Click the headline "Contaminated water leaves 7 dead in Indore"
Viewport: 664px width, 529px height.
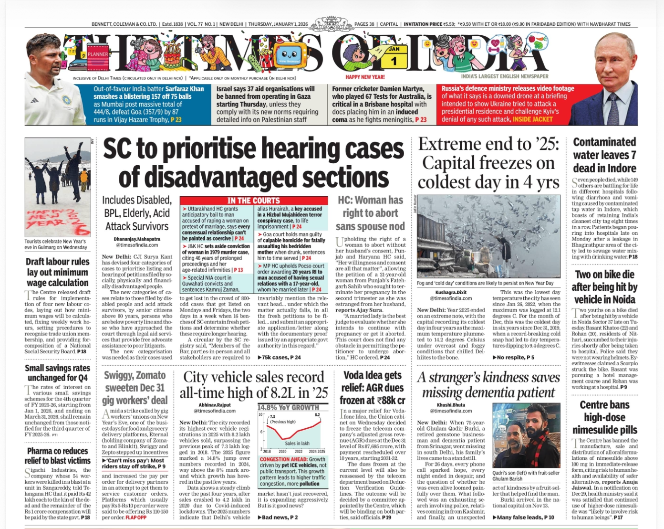604,155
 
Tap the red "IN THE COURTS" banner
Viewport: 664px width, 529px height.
253,201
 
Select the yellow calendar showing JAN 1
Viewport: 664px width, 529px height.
394,57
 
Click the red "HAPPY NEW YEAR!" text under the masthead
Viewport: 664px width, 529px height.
365,77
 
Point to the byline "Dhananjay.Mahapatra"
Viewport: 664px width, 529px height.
137,239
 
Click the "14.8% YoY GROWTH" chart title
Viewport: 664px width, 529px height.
288,407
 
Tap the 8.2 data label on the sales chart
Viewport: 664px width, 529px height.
317,415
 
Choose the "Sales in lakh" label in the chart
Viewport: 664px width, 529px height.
297,443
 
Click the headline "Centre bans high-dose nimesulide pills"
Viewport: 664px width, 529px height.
604,417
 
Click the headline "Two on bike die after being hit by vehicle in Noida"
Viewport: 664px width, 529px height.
604,287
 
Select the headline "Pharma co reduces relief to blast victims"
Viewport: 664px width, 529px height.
58,455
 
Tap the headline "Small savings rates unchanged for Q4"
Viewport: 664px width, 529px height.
58,372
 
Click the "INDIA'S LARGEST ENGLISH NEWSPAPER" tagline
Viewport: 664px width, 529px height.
505,76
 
